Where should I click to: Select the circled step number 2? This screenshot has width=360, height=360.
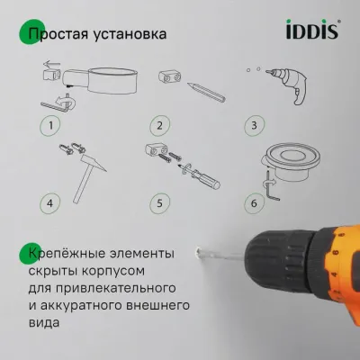(x=158, y=125)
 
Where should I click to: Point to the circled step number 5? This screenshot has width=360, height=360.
(x=158, y=203)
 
